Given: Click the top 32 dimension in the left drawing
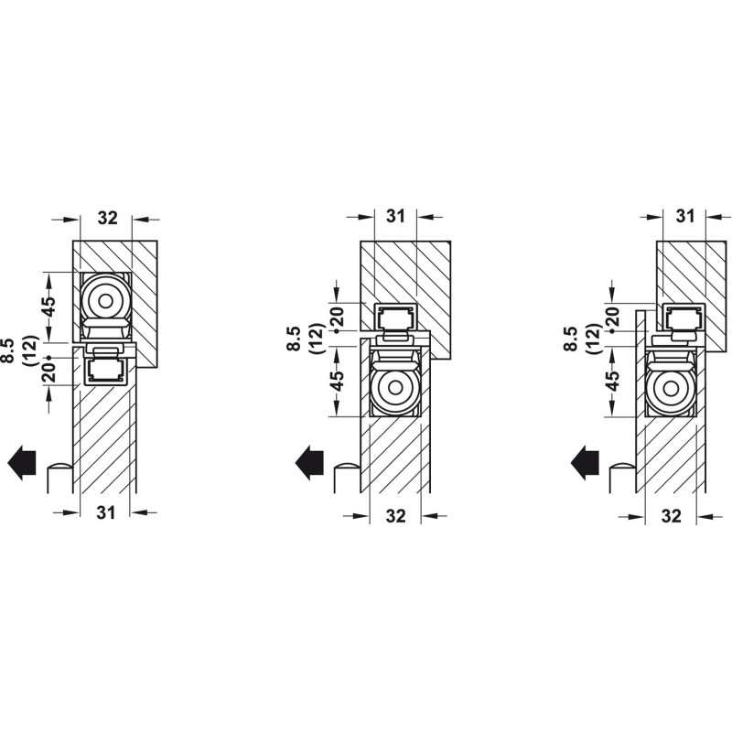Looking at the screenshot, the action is point(108,218).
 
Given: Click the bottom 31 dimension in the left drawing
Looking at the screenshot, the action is point(106,512).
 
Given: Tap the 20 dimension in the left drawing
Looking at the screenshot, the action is point(49,370).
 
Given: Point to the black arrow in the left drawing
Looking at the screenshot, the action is point(22,462).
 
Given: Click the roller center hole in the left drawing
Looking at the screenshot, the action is point(106,301).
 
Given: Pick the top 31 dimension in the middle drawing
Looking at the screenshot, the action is point(396,216).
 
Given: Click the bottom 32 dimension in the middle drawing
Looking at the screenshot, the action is point(396,516).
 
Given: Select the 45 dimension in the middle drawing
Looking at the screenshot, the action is point(338,381).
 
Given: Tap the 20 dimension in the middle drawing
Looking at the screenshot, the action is point(338,316).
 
